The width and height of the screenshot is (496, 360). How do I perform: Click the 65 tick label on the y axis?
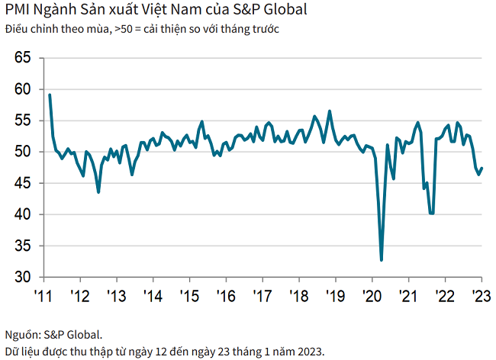point(23,57)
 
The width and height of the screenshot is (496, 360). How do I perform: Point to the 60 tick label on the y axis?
point(23,88)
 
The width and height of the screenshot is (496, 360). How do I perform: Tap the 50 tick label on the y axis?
point(23,151)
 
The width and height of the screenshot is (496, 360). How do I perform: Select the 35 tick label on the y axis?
point(23,246)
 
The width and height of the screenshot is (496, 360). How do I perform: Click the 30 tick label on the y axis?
point(23,277)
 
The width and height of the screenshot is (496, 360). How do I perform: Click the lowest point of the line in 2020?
point(382,260)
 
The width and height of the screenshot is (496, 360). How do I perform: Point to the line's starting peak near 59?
point(50,95)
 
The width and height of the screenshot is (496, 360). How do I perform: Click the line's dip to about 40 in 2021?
point(432,214)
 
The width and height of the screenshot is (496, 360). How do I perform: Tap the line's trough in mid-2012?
point(98,192)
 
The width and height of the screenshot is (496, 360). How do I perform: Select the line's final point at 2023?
point(482,169)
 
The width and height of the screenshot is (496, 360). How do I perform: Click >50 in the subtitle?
point(123,30)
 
